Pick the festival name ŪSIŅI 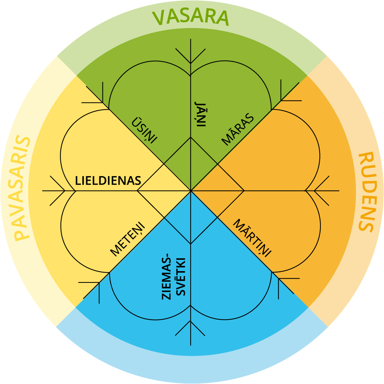coord(144,130)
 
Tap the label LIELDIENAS coord(108,181)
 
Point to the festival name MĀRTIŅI coord(252,237)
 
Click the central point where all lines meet coord(191,191)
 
